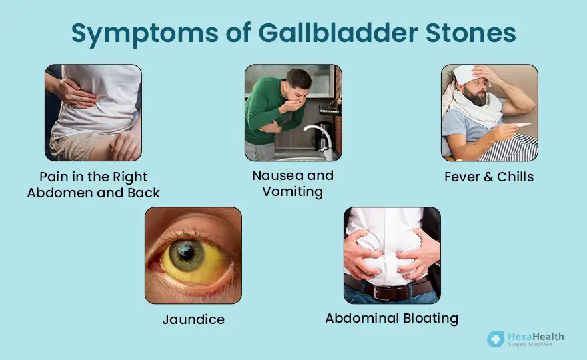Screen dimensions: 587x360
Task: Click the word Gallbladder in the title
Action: point(338,33)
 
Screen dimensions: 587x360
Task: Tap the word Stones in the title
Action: point(470,33)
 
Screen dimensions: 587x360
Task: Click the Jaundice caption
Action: point(193,319)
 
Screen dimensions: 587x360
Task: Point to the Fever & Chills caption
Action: point(489,177)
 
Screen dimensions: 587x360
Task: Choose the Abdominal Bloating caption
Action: point(392,318)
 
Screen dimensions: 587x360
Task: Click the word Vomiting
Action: point(292,191)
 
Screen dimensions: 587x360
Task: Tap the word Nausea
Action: point(277,175)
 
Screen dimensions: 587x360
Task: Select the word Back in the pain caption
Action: point(144,193)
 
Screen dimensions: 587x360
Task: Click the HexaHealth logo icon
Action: point(496,339)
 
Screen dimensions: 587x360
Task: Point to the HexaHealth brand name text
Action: point(536,337)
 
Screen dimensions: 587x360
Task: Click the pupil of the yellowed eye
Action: point(185,253)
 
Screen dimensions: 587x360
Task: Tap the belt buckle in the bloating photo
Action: point(382,293)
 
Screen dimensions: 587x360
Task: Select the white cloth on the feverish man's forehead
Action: point(465,74)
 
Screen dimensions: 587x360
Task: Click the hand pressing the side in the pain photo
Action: point(74,93)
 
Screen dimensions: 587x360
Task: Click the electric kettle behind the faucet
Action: point(322,135)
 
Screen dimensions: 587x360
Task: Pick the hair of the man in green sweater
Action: point(299,77)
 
